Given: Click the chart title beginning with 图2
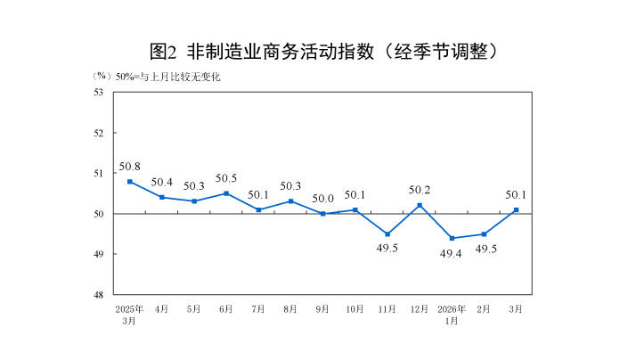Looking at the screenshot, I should [x=317, y=51].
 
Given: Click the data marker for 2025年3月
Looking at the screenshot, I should [x=130, y=181].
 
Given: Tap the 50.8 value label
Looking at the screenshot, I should [x=130, y=166].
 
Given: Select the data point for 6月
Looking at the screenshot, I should [x=226, y=193].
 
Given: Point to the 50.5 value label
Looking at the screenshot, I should [x=226, y=178].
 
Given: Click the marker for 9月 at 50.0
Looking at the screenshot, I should [x=322, y=214].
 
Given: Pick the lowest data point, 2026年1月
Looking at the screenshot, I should [x=452, y=238].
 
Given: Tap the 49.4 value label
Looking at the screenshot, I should [x=452, y=254].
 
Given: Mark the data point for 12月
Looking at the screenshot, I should [x=420, y=205].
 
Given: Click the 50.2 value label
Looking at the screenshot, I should [x=420, y=190].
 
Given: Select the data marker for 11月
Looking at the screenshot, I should [x=387, y=233].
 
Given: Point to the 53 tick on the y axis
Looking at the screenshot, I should [x=99, y=92].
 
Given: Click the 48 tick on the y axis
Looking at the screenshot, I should [x=99, y=295].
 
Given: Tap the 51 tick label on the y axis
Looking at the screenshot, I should [x=99, y=173].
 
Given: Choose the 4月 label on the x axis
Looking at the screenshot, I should [x=162, y=308].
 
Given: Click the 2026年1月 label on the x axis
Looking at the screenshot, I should [x=452, y=314].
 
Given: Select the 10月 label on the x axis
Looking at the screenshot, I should [x=355, y=308].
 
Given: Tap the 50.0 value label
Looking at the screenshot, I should [x=322, y=199].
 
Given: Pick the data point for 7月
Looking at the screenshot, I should [x=258, y=209].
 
